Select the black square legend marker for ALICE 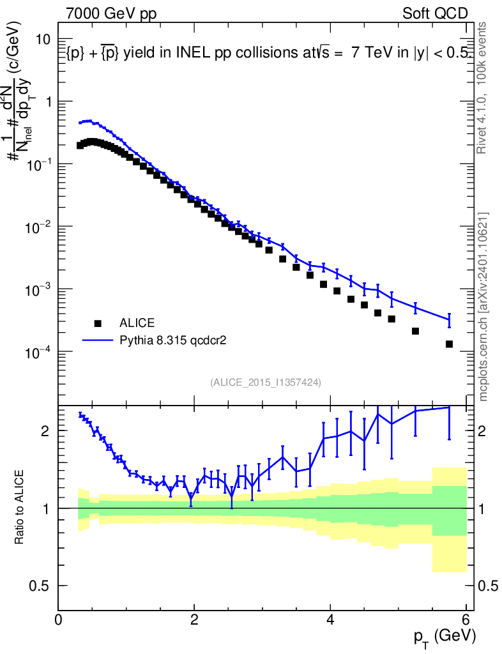coord(97,323)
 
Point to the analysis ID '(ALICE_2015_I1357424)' coord(265,382)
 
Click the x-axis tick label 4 coord(330,620)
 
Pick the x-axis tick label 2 coord(194,620)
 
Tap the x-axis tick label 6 coord(466,620)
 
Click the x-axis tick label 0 coord(58,620)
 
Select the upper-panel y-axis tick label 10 coord(43,40)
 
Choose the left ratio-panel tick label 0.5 coord(41,586)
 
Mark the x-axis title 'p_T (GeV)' coord(445,636)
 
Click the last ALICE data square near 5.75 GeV coord(449,344)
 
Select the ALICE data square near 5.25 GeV coord(415,331)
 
